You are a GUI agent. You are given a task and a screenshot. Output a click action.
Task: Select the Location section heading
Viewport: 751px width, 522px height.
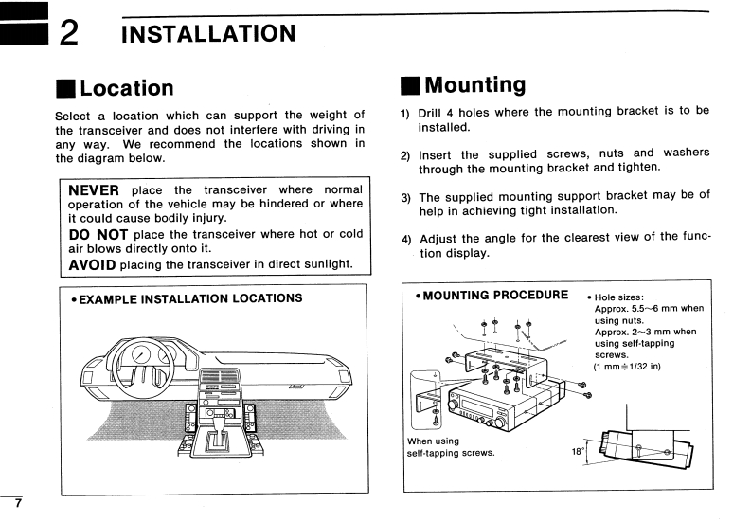tap(127, 88)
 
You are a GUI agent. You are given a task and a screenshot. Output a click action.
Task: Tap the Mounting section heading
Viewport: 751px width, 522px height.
tap(474, 84)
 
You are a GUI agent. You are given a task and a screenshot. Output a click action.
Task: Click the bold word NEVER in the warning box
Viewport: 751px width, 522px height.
tap(95, 190)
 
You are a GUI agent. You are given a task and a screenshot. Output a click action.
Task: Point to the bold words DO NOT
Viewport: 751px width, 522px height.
tap(98, 233)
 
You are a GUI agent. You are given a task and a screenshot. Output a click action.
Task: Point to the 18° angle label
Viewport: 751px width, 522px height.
tap(579, 452)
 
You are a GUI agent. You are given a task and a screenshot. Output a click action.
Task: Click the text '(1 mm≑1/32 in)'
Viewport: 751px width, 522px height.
tap(627, 366)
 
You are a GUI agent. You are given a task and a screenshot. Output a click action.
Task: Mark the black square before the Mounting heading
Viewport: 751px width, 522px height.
tap(409, 85)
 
